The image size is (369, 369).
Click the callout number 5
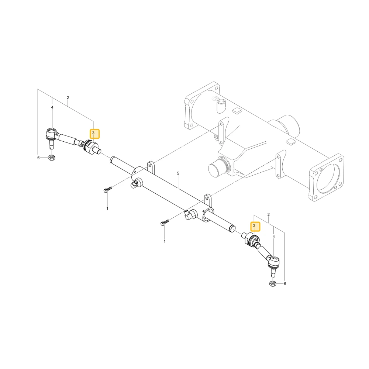178,173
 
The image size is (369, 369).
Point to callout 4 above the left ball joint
52,107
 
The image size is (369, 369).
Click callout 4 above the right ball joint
273,237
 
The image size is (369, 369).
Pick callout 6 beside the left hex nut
38,158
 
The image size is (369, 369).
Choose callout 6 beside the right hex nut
285,284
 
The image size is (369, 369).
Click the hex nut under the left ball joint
51,158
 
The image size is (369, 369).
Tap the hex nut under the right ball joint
273,283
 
